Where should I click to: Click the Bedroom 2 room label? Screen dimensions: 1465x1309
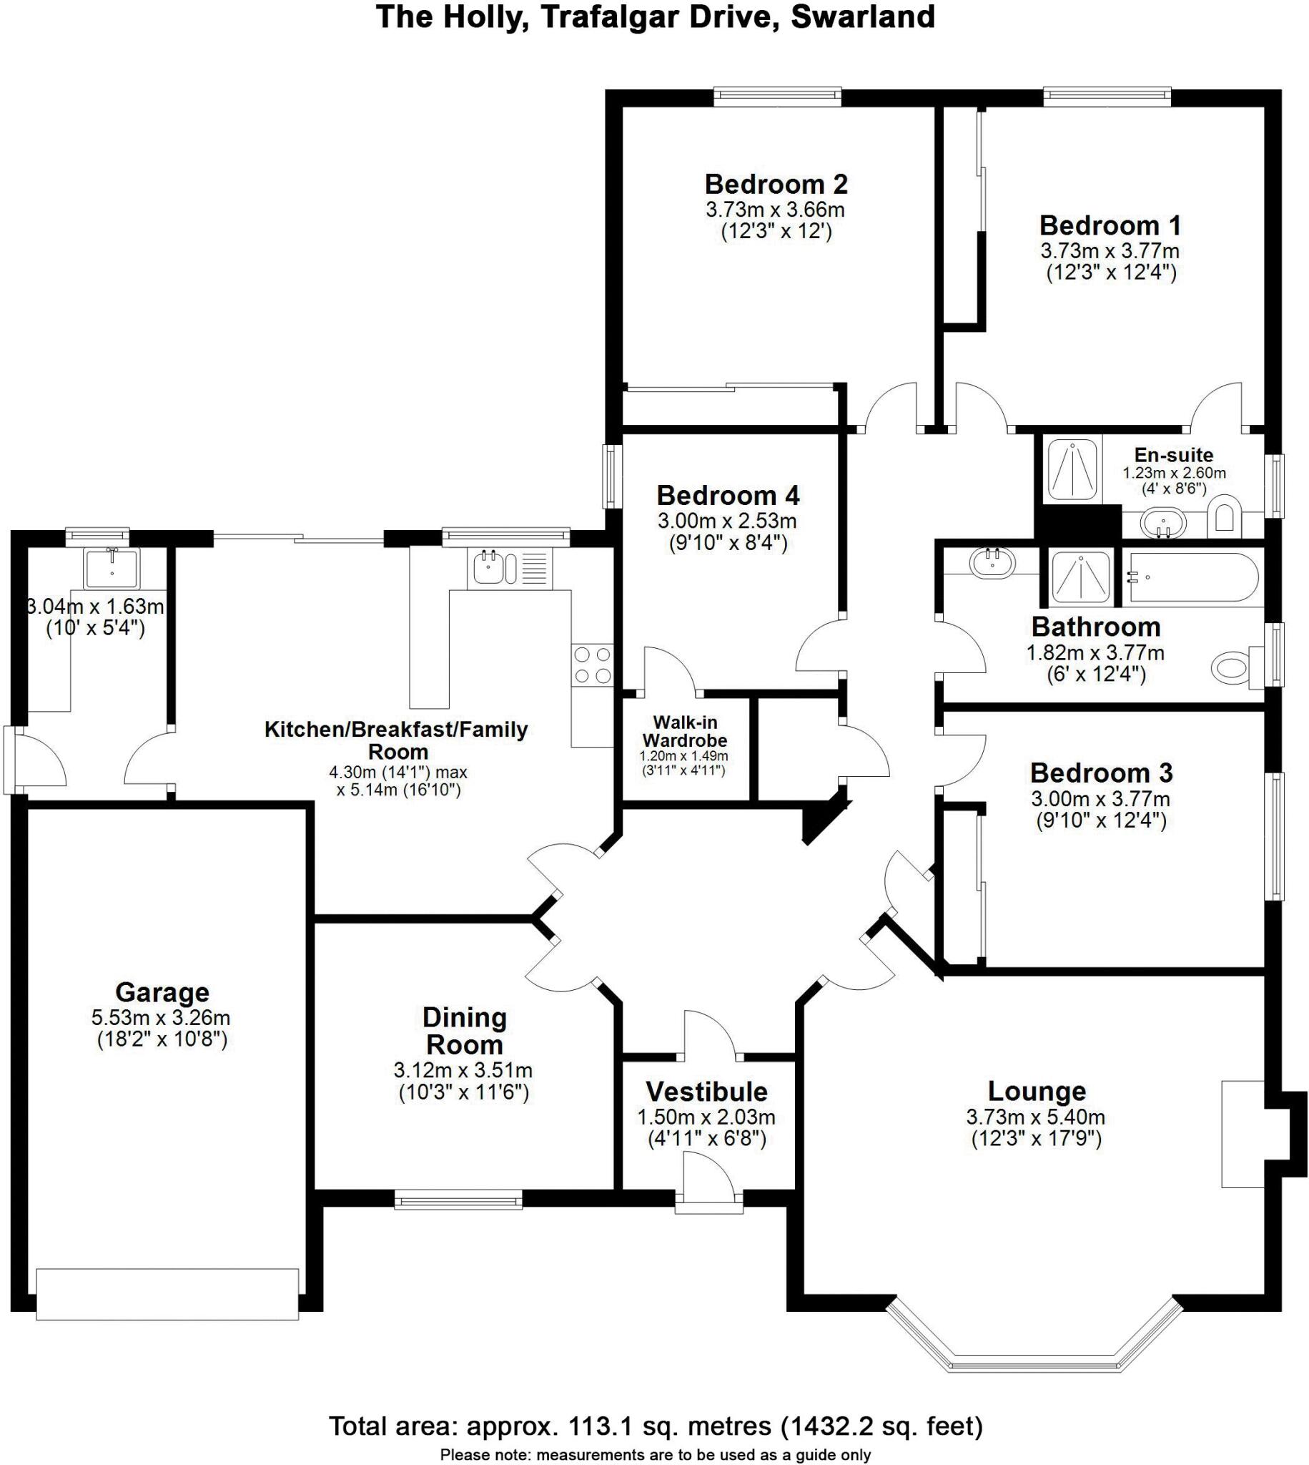click(x=776, y=185)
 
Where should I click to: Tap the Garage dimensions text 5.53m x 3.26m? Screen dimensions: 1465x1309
click(x=160, y=1017)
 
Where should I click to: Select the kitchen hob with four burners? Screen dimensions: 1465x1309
click(x=593, y=665)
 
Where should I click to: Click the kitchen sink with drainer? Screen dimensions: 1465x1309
click(x=510, y=567)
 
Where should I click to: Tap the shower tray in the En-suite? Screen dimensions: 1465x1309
click(x=1072, y=469)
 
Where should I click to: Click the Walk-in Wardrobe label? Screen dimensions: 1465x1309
click(x=684, y=730)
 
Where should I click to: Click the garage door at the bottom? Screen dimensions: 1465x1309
click(x=167, y=1294)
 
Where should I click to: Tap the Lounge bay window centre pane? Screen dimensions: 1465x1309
click(x=1036, y=1362)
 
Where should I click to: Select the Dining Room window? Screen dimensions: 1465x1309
click(x=458, y=1200)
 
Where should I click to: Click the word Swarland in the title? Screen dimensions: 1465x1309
click(x=862, y=16)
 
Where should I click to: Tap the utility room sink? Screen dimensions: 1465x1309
click(x=112, y=568)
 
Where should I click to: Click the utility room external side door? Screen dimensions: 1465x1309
click(x=10, y=759)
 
